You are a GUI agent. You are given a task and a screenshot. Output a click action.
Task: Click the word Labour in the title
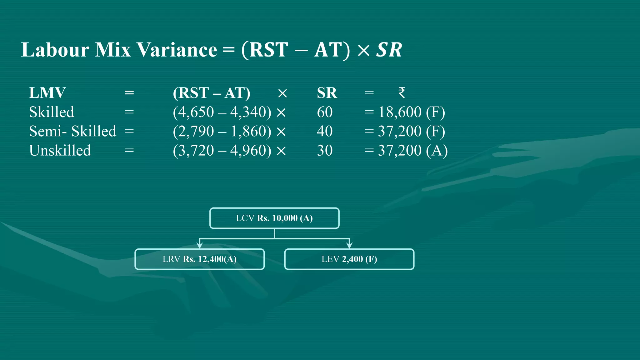tap(55, 50)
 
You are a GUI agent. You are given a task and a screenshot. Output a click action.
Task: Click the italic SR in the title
tap(389, 50)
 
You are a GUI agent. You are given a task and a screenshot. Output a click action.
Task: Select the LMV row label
tap(47, 93)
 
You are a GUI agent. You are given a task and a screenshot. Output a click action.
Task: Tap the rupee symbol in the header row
tap(402, 93)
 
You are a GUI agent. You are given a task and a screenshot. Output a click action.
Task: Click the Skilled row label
tap(52, 112)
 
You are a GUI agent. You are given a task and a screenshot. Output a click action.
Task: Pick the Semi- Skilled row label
tap(72, 131)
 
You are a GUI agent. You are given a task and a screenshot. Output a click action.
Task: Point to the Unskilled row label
tap(60, 151)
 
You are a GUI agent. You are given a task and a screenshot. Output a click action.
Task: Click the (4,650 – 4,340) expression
tap(222, 112)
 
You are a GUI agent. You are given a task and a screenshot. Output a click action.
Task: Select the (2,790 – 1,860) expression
tap(222, 131)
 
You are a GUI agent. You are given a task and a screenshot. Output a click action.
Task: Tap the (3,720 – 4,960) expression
tap(222, 151)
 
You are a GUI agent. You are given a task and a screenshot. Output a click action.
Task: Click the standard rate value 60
tap(325, 112)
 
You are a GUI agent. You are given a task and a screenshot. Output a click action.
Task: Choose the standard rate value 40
tap(325, 131)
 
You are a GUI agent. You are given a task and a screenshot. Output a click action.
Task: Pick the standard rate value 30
tap(325, 151)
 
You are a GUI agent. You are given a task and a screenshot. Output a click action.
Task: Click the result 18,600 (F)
tap(411, 112)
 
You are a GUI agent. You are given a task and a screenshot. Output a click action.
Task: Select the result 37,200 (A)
tap(412, 151)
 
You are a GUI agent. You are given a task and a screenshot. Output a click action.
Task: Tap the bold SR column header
tap(327, 93)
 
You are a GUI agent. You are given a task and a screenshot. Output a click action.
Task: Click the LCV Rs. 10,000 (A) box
tap(274, 218)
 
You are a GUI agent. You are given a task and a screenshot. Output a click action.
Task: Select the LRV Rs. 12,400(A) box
tap(199, 259)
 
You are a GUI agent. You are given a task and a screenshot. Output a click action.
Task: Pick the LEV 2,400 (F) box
tap(349, 259)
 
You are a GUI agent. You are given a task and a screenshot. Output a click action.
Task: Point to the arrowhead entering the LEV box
tap(349, 245)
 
